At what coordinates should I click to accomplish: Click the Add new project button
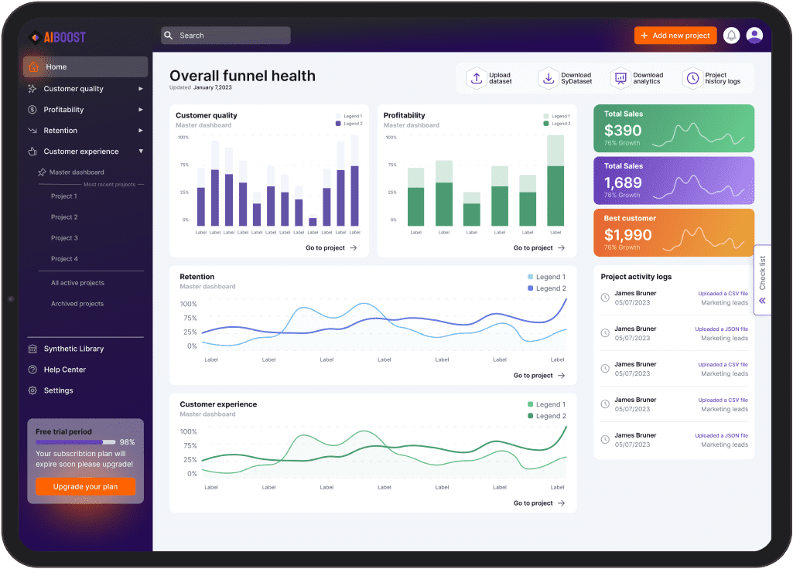pyautogui.click(x=675, y=36)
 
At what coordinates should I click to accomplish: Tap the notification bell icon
pyautogui.click(x=731, y=36)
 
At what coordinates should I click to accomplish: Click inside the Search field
pyautogui.click(x=226, y=36)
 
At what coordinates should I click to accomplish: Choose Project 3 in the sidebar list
pyautogui.click(x=64, y=238)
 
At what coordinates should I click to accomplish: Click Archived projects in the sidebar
pyautogui.click(x=77, y=304)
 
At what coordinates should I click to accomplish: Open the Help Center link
pyautogui.click(x=64, y=370)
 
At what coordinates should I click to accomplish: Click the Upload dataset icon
pyautogui.click(x=477, y=78)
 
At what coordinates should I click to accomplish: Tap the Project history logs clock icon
pyautogui.click(x=692, y=78)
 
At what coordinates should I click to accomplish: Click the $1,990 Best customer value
pyautogui.click(x=623, y=235)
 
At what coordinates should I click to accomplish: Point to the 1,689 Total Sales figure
pyautogui.click(x=623, y=182)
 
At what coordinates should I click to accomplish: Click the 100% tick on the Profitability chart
pyautogui.click(x=391, y=138)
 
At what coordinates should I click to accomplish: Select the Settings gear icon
pyautogui.click(x=32, y=390)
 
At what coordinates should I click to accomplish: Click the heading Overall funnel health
pyautogui.click(x=242, y=76)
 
